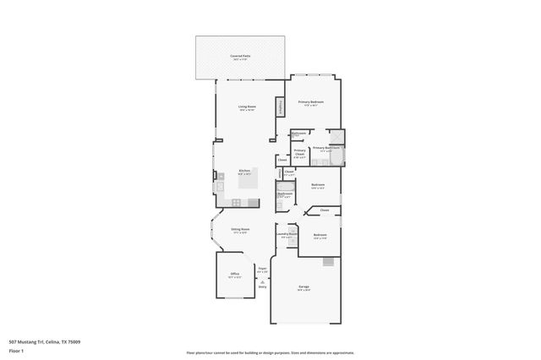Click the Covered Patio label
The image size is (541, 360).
(x=240, y=56)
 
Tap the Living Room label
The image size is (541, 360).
(x=247, y=106)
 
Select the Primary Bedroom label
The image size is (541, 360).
(x=310, y=101)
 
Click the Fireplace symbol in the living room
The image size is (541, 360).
(x=278, y=107)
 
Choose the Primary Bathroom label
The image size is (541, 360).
(x=325, y=148)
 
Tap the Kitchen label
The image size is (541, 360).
(x=244, y=171)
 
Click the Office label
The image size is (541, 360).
(x=235, y=274)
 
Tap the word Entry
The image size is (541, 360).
(x=262, y=286)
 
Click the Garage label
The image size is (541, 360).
(x=303, y=287)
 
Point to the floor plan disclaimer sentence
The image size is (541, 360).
(x=270, y=352)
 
